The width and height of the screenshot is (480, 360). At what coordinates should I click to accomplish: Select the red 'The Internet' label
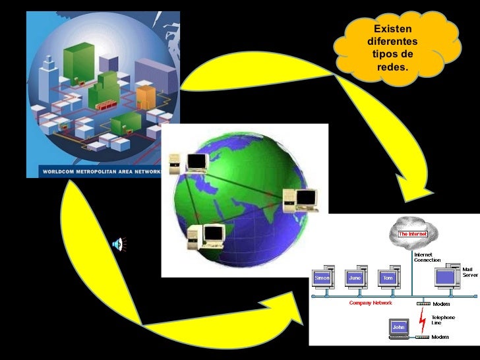(409, 233)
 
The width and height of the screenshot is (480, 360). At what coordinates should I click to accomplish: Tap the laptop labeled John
(399, 327)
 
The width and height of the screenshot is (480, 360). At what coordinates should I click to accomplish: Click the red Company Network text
(370, 303)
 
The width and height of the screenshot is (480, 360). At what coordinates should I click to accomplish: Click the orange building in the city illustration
(146, 96)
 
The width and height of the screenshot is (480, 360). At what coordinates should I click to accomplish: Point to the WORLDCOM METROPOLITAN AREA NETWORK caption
(102, 172)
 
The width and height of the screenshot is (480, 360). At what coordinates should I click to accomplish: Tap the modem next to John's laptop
(423, 337)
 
